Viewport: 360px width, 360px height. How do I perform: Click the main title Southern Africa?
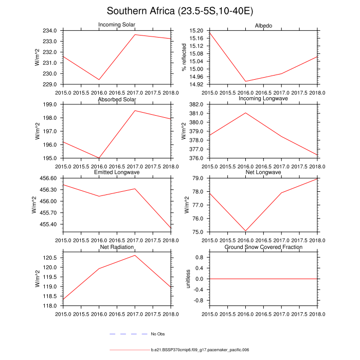pyautogui.click(x=180, y=11)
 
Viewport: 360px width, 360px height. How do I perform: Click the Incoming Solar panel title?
pyautogui.click(x=117, y=25)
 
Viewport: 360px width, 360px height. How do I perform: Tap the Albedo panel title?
pyautogui.click(x=263, y=25)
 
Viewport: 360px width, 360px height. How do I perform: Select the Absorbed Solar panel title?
pyautogui.click(x=117, y=99)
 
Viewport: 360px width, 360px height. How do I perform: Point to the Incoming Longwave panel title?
pyautogui.click(x=263, y=99)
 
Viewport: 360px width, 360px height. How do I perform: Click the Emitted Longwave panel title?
pyautogui.click(x=117, y=172)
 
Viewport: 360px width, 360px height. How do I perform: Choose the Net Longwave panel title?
pyautogui.click(x=263, y=172)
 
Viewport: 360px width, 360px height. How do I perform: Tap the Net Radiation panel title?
pyautogui.click(x=117, y=247)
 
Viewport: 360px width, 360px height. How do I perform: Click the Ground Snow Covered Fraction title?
pyautogui.click(x=263, y=247)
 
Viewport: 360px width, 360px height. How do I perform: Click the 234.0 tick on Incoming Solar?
pyautogui.click(x=53, y=31)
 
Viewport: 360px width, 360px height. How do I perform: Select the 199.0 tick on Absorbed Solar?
pyautogui.click(x=53, y=104)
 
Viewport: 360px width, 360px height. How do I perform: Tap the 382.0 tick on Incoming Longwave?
pyautogui.click(x=200, y=104)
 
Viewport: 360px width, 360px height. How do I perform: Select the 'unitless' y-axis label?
pyautogui.click(x=188, y=278)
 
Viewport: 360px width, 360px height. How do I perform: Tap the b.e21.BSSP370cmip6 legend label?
pyautogui.click(x=200, y=350)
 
